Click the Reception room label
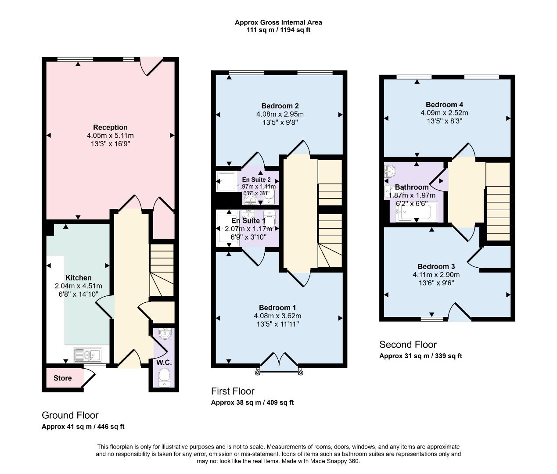[x=110, y=128]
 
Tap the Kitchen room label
[x=79, y=278]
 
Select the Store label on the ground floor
[x=62, y=378]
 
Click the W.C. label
[x=164, y=363]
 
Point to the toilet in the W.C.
[x=164, y=377]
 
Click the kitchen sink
[x=87, y=354]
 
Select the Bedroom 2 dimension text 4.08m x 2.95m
[x=280, y=114]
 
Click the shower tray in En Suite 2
[x=226, y=181]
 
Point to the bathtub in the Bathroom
[x=417, y=212]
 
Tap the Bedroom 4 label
[x=444, y=104]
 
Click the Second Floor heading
[x=408, y=345]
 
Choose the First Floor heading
[x=233, y=391]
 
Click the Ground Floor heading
[x=70, y=415]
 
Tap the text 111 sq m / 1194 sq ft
[x=278, y=30]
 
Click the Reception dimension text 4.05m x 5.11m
[x=110, y=136]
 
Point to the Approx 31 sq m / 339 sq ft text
[x=420, y=356]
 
